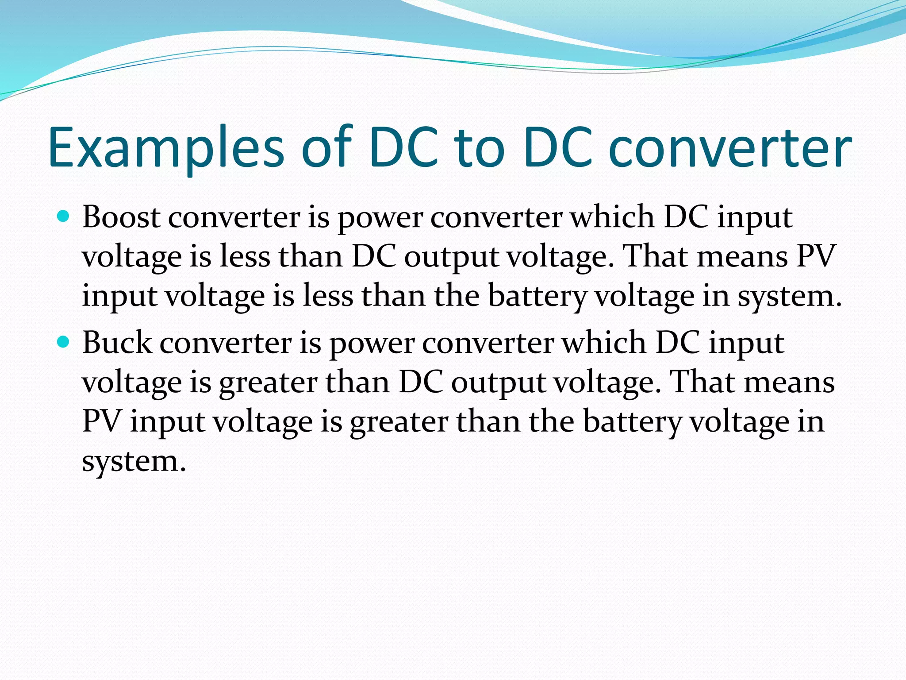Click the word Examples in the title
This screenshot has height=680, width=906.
[166, 148]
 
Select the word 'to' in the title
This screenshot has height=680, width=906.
[480, 148]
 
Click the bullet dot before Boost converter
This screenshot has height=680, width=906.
[64, 216]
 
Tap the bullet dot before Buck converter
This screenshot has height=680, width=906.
[64, 342]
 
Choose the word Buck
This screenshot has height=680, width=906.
[117, 343]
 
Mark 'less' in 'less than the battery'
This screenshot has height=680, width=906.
[328, 295]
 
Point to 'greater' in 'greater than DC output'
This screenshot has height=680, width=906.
[268, 382]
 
